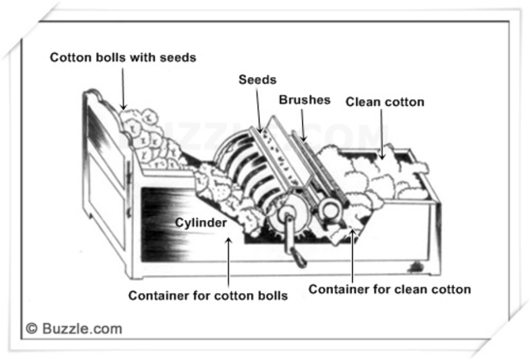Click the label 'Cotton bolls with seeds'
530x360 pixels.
click(123, 57)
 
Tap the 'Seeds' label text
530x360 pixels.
click(252, 79)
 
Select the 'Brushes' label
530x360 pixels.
click(304, 99)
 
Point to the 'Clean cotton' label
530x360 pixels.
click(384, 102)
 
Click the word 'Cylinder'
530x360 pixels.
click(203, 223)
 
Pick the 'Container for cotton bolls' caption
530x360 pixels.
click(208, 295)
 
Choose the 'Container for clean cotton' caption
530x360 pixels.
click(389, 289)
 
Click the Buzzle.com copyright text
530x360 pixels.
click(74, 329)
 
